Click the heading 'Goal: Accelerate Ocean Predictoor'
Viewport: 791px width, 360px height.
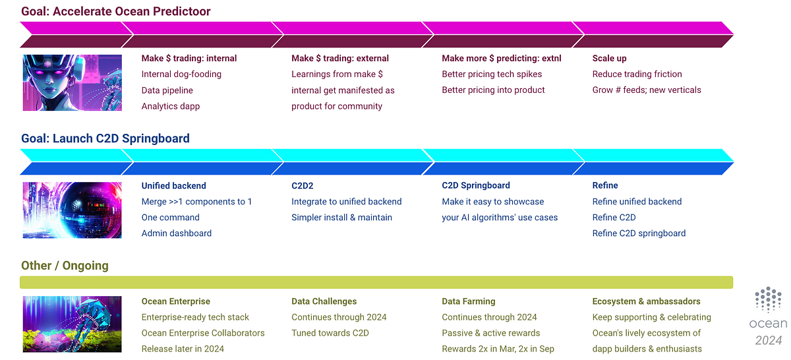[116, 11]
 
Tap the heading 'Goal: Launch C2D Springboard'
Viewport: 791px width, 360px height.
[105, 138]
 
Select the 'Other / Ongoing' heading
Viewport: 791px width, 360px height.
[65, 266]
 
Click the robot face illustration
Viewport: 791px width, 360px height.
[73, 82]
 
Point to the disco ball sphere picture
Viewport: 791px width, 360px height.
[73, 210]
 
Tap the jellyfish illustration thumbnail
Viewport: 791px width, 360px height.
[73, 324]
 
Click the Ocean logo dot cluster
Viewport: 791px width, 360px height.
[768, 300]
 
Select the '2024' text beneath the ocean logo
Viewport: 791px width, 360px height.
[768, 340]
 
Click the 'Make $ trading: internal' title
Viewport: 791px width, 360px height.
[189, 58]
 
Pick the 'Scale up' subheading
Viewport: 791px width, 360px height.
[610, 58]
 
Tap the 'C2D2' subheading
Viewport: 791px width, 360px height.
[303, 185]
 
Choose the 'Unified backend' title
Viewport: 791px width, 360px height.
[174, 185]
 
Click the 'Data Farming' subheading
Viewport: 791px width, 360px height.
[469, 301]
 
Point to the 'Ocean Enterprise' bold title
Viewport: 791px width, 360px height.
[177, 301]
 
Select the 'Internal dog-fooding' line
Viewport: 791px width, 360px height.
[181, 74]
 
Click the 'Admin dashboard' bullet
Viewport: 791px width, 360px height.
[177, 233]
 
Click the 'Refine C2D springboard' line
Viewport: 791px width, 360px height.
[639, 233]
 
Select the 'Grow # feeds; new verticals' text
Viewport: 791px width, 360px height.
[647, 90]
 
